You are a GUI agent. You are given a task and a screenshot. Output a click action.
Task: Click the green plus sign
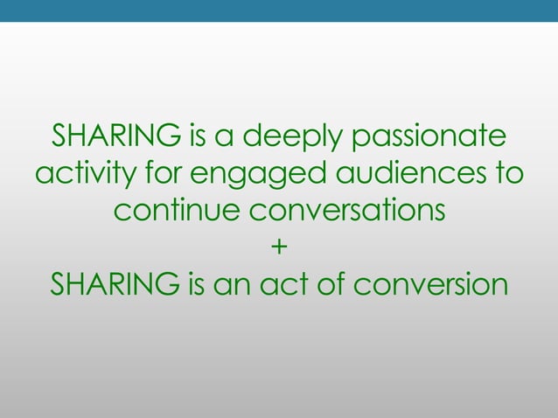tap(278, 249)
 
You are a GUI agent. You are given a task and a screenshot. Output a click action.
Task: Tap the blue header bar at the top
tap(279, 10)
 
